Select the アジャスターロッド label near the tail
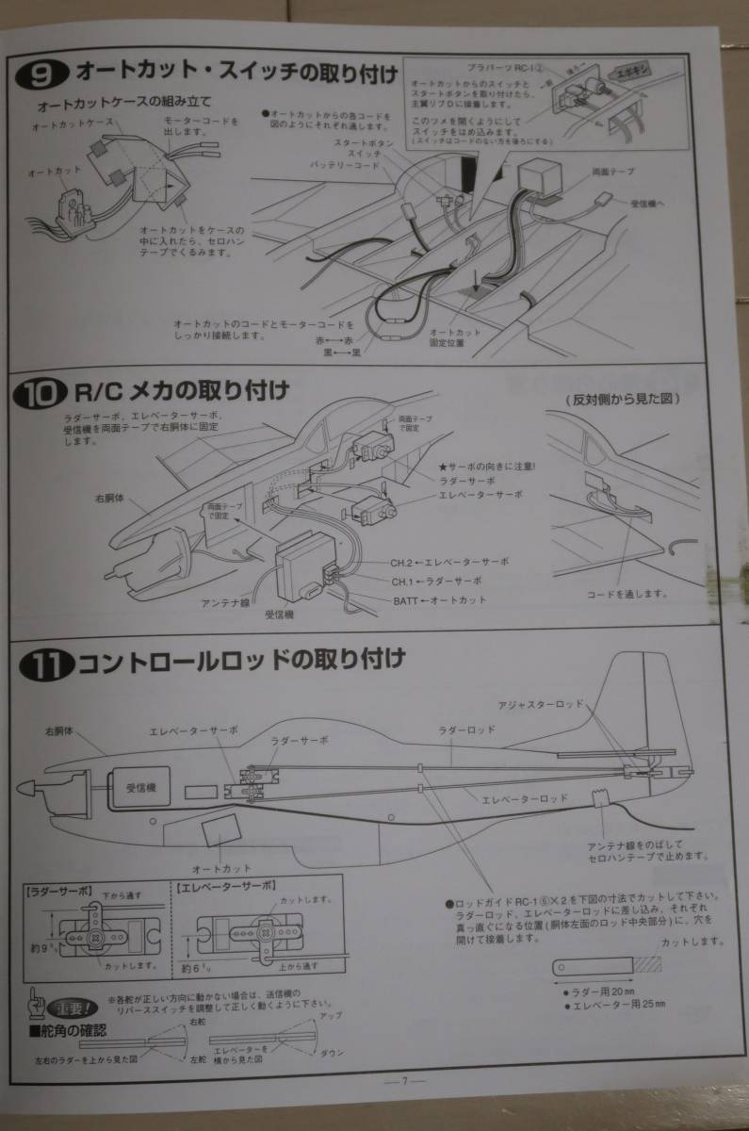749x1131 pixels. click(x=541, y=705)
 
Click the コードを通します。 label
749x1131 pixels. click(x=627, y=594)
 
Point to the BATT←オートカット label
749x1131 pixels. click(x=439, y=600)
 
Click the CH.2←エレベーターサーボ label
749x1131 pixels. click(x=449, y=562)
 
